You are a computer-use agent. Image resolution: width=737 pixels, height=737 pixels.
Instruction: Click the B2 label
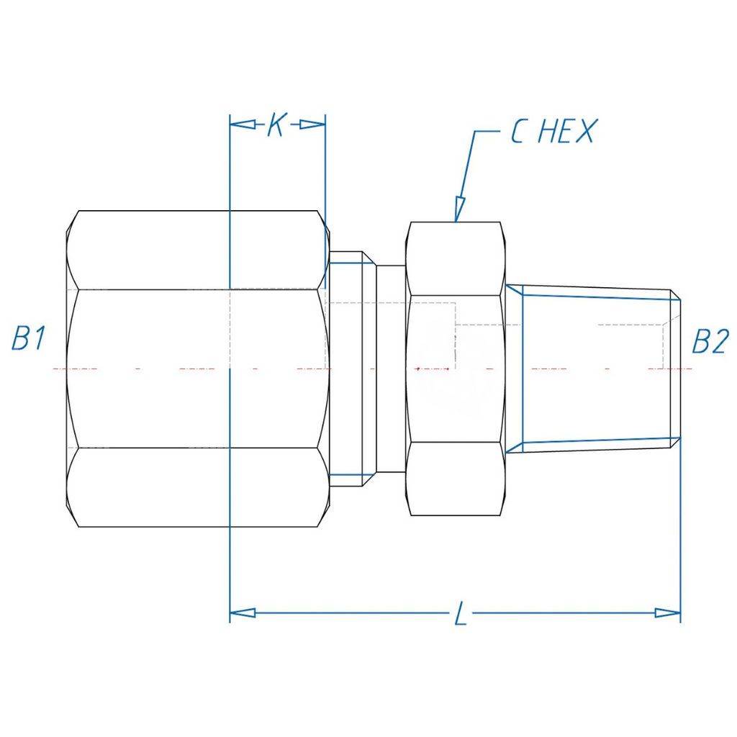(x=710, y=341)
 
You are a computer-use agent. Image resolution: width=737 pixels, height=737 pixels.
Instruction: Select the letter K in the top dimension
(x=277, y=125)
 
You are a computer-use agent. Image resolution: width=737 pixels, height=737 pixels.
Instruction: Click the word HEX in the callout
(x=566, y=131)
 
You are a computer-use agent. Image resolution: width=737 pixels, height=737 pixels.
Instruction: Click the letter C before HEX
(x=518, y=131)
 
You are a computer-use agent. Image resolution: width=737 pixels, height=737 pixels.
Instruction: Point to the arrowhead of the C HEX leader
(x=458, y=209)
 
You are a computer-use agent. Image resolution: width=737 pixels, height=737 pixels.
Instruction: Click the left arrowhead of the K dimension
(x=243, y=125)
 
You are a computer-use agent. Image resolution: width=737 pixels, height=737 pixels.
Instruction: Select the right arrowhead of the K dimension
(x=312, y=125)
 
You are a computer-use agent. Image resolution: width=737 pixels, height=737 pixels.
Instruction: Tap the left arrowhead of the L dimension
(x=243, y=613)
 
